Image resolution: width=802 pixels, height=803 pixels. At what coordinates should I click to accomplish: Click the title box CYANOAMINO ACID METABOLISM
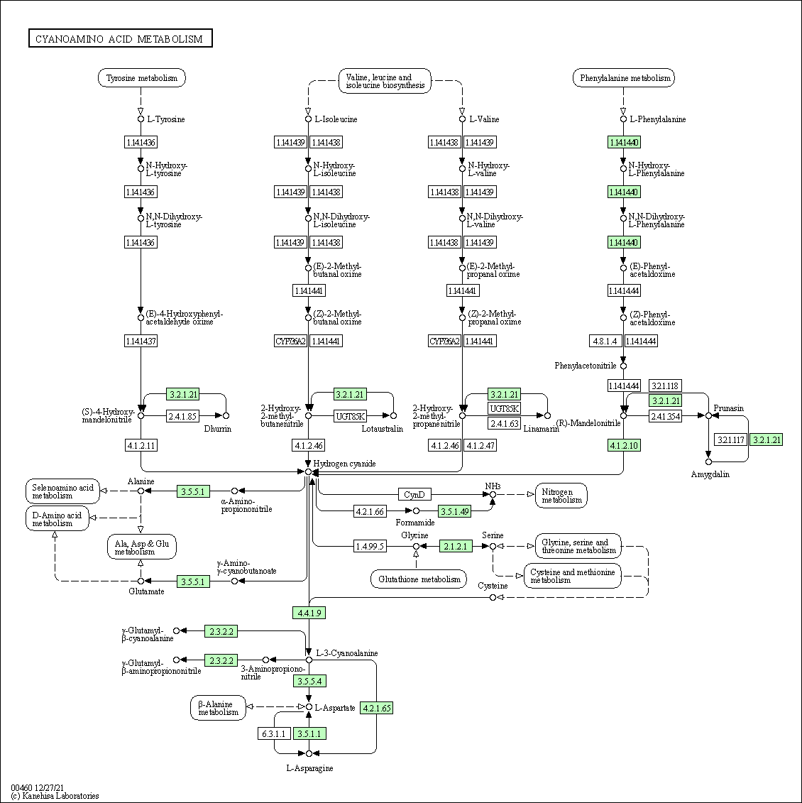click(x=120, y=39)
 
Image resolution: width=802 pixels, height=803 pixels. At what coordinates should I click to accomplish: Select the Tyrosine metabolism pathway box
click(x=141, y=78)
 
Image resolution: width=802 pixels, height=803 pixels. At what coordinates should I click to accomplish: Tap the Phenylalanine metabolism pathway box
click(x=624, y=78)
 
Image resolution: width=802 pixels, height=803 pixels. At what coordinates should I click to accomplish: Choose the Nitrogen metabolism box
click(x=561, y=496)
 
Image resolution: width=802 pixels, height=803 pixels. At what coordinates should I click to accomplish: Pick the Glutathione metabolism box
click(x=419, y=579)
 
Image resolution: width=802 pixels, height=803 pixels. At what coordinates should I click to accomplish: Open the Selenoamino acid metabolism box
click(x=62, y=491)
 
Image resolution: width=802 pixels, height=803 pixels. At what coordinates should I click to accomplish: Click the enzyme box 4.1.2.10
click(x=624, y=446)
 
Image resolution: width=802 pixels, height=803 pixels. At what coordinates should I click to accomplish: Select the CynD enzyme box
click(x=414, y=494)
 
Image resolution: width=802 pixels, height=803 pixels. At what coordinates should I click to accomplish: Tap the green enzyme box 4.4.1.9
click(x=309, y=613)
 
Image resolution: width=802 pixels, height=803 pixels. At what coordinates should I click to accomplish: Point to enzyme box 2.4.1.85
click(x=182, y=416)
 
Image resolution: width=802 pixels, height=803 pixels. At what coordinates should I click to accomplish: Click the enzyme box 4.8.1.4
click(x=605, y=342)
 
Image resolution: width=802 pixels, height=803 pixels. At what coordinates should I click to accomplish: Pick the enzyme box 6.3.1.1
click(x=273, y=733)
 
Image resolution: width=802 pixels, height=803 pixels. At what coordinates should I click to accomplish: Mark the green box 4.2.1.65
click(x=376, y=708)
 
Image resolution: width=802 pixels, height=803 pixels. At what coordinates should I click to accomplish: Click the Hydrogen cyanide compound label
click(x=345, y=464)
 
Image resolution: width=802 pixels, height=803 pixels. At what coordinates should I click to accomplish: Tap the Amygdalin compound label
click(x=710, y=474)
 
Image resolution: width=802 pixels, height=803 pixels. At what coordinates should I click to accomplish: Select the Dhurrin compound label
click(x=218, y=429)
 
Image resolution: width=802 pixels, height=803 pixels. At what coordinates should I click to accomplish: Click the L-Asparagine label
click(x=309, y=768)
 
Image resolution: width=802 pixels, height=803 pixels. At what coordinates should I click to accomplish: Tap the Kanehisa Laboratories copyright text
click(x=55, y=796)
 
